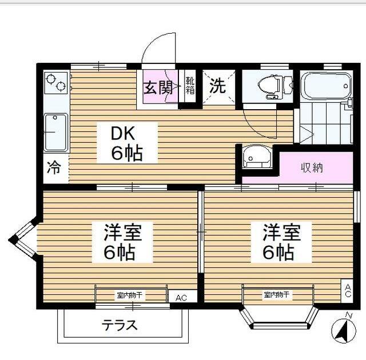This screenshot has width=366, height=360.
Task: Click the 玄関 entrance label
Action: tap(157, 88)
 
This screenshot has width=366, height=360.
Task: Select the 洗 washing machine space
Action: tap(217, 87)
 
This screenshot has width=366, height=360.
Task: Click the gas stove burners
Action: tap(55, 83)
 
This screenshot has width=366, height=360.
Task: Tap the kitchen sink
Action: tap(55, 133)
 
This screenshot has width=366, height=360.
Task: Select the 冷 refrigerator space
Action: tap(54, 168)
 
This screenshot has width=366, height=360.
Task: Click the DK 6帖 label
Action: tap(126, 143)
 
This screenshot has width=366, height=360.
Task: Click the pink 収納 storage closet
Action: tap(313, 167)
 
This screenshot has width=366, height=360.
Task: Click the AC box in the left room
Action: tap(182, 297)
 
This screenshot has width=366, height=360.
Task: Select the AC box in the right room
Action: tap(347, 291)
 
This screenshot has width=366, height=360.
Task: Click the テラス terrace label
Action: tap(120, 326)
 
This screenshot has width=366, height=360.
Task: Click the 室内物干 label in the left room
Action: tap(131, 295)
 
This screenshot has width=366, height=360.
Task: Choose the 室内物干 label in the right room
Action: tap(277, 295)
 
